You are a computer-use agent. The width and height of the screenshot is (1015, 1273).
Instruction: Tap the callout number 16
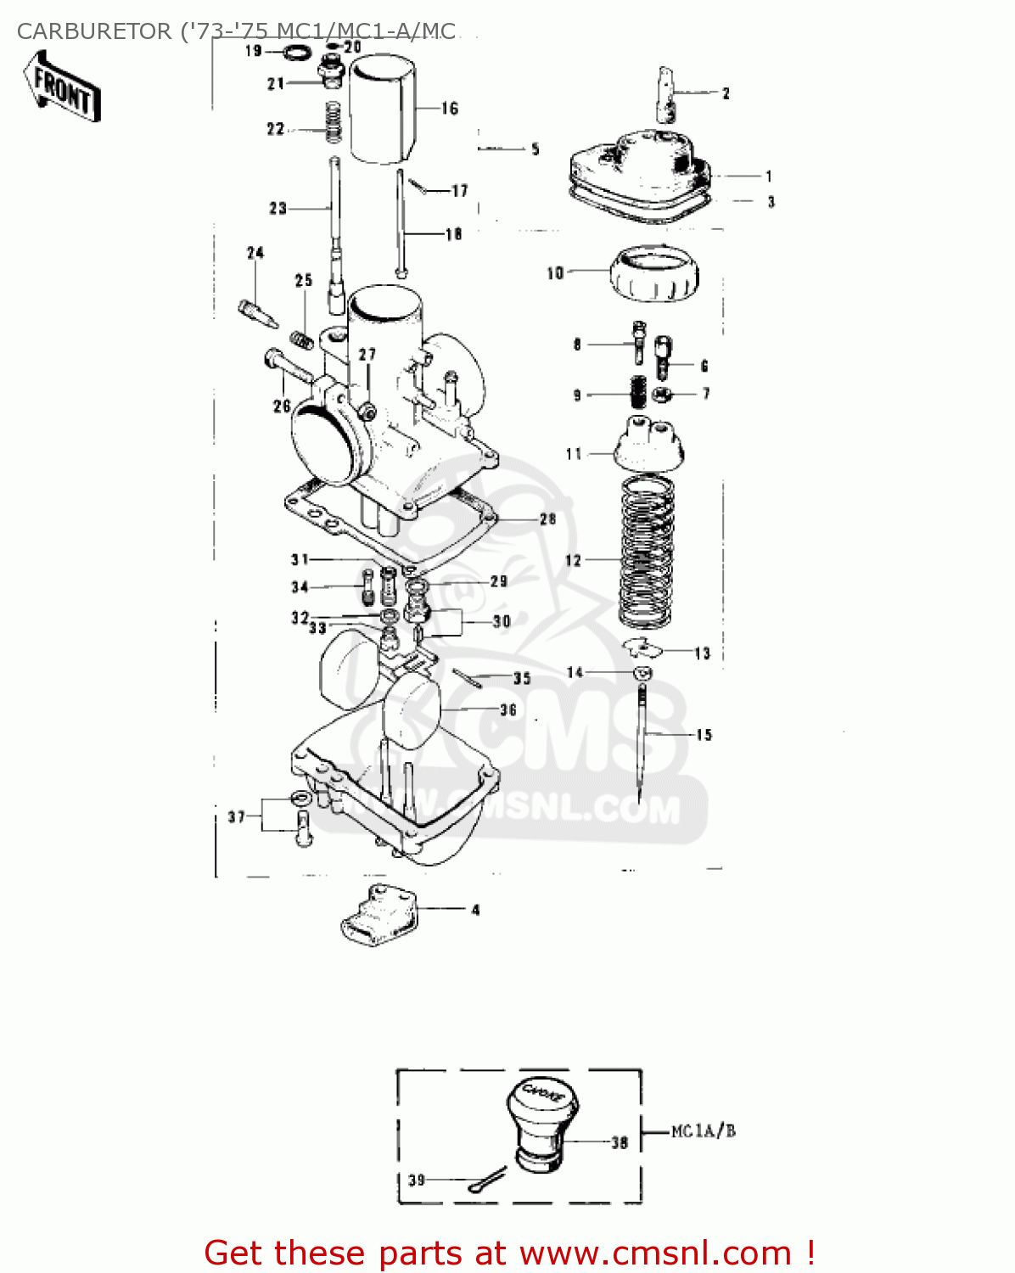pos(450,109)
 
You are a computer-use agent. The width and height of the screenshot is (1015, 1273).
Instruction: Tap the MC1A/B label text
pos(703,1131)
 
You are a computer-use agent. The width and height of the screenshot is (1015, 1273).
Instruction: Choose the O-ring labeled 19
pos(295,53)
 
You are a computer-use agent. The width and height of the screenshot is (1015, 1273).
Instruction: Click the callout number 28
pos(547,519)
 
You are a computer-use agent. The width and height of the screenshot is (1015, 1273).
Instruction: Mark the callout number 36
pos(508,709)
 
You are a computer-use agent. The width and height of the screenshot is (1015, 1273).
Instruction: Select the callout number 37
pos(236,817)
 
